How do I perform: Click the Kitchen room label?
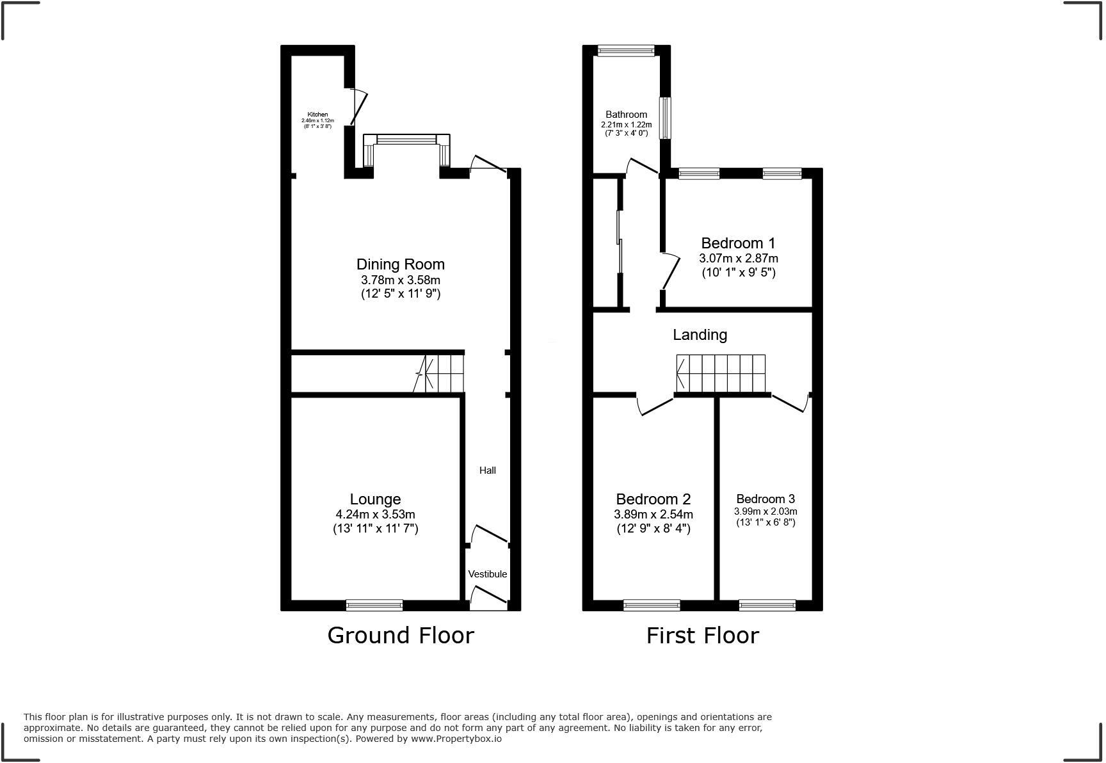[317, 115]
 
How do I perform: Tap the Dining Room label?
[401, 264]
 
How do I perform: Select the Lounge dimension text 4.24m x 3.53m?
[375, 514]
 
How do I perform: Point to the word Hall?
[488, 470]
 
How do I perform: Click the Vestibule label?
[488, 574]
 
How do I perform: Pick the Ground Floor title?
[401, 636]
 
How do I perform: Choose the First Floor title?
[702, 636]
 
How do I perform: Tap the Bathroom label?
[627, 115]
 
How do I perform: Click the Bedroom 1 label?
[738, 243]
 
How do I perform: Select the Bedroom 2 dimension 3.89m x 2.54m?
[653, 514]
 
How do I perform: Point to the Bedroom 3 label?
[765, 499]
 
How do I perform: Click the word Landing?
[700, 335]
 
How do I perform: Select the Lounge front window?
[374, 605]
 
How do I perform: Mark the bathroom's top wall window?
[626, 51]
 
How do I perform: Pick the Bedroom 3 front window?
[767, 605]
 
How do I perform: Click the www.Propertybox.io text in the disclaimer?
[456, 739]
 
